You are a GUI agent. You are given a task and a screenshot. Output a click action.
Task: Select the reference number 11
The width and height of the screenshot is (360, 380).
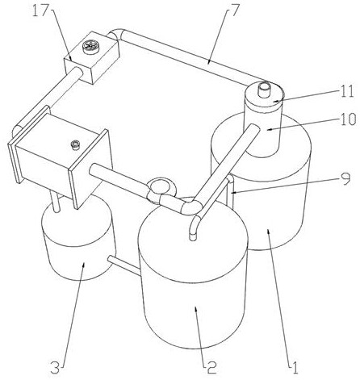(x=346, y=91)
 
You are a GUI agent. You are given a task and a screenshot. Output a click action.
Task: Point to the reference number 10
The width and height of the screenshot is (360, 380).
(x=348, y=119)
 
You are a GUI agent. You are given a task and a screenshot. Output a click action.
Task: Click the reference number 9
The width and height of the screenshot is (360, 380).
(x=346, y=179)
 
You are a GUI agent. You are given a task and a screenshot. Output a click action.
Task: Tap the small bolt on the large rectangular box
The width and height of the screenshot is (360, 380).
(x=75, y=144)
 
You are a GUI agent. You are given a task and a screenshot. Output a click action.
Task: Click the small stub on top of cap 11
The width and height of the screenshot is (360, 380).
(x=265, y=90)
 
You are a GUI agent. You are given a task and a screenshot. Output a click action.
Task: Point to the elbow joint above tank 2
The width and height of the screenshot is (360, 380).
(x=191, y=207)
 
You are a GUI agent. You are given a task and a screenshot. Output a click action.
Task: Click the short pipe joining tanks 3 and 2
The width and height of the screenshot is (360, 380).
(x=123, y=265)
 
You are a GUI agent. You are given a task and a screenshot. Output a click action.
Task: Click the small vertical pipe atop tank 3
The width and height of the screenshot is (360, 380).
(x=55, y=203)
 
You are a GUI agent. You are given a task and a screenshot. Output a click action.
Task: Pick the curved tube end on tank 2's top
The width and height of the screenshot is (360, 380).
(x=195, y=228)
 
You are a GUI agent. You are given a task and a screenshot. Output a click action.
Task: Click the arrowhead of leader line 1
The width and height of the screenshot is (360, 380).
(x=269, y=232)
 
